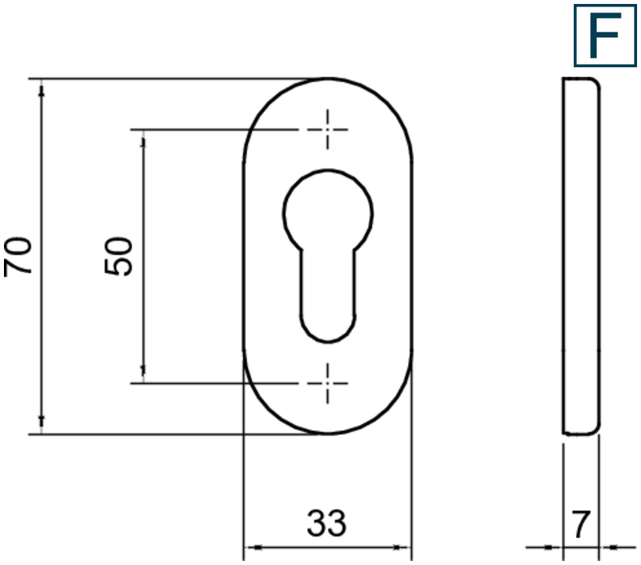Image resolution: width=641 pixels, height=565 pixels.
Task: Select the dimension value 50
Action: click(x=119, y=256)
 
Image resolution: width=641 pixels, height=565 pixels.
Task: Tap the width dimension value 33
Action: click(x=327, y=523)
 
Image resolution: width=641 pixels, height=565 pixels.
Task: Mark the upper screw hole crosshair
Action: click(x=327, y=129)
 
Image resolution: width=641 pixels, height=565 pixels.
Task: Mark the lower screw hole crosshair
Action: click(x=327, y=383)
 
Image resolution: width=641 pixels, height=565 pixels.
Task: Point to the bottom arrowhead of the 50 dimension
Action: click(x=143, y=374)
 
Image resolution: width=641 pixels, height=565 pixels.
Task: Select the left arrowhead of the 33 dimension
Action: click(x=250, y=547)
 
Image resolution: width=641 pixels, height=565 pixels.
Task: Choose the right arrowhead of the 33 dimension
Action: click(x=404, y=547)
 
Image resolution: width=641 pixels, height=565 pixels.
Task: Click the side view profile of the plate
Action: click(x=581, y=256)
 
